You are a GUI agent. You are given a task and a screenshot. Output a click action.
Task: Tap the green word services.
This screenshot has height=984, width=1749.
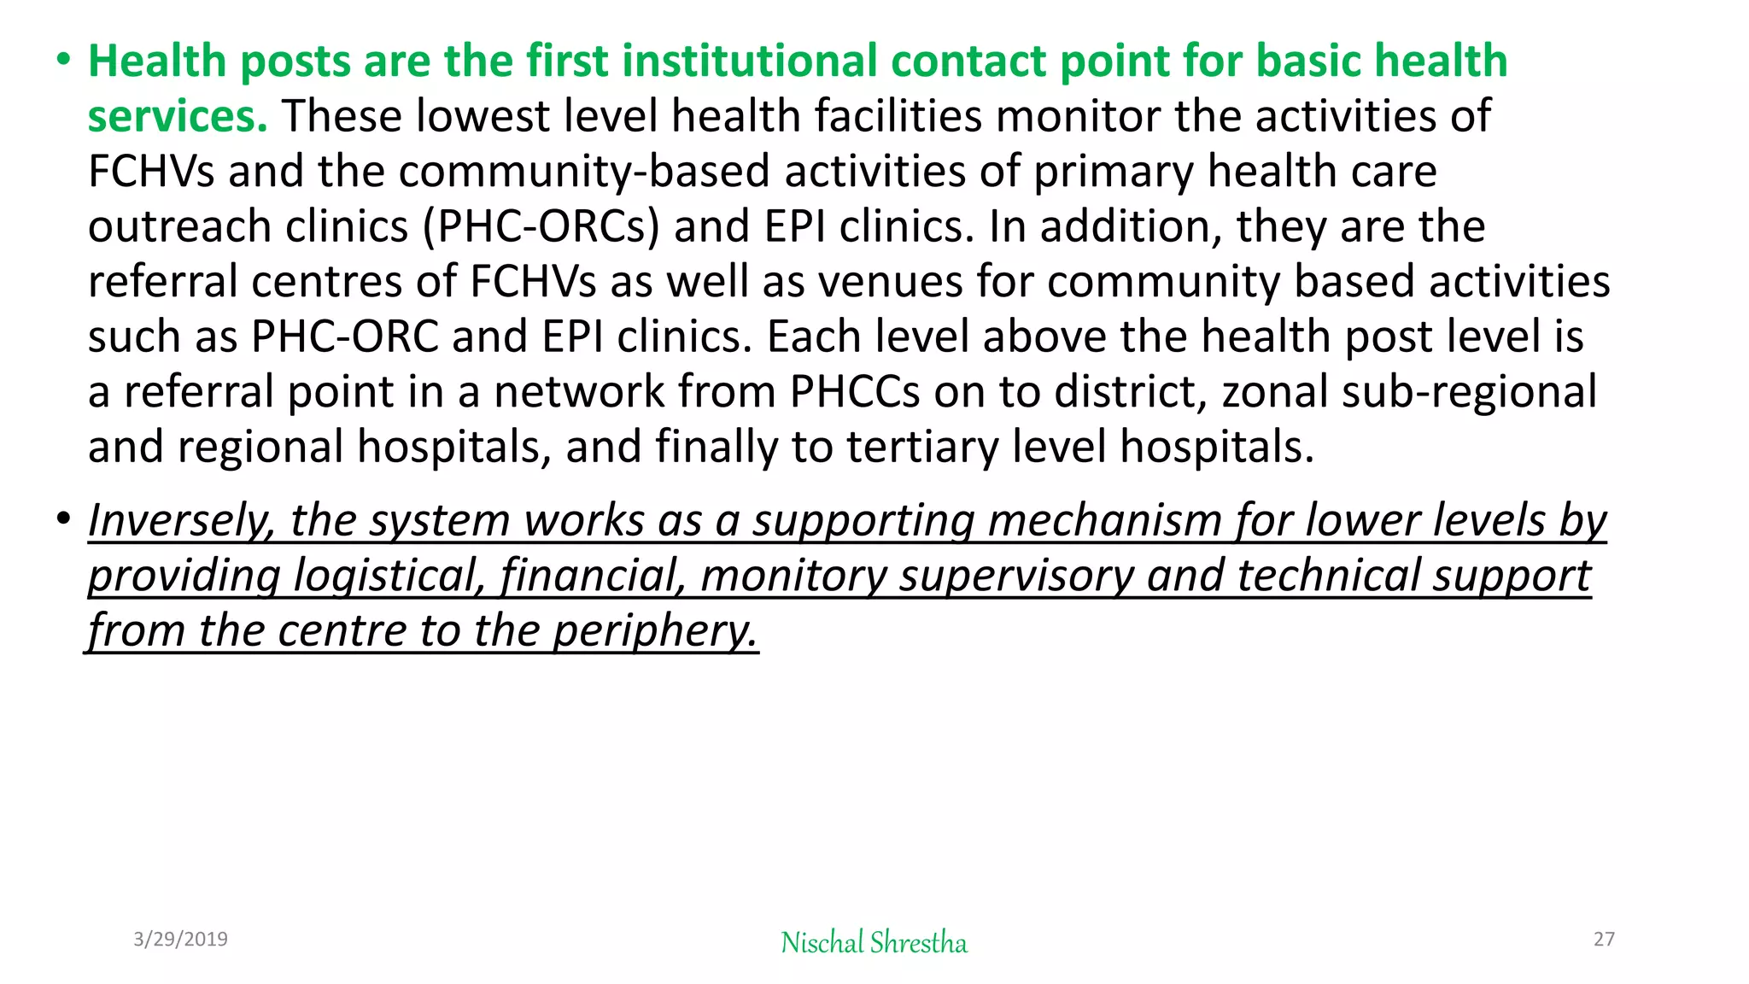(178, 117)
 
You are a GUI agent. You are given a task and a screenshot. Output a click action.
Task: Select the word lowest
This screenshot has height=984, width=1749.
(482, 117)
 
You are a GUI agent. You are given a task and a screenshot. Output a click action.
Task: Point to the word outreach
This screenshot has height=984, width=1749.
(179, 227)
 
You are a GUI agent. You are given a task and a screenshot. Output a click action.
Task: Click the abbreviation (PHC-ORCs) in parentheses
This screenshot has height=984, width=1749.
(541, 227)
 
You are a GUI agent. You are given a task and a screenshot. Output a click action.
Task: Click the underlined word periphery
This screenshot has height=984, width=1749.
(655, 631)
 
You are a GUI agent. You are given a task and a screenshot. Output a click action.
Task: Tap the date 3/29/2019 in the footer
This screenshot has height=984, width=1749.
(180, 940)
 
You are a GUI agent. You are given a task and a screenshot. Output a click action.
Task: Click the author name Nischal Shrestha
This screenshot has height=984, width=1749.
(874, 943)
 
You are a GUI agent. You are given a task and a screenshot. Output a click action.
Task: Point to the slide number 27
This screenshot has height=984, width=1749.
(1604, 940)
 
